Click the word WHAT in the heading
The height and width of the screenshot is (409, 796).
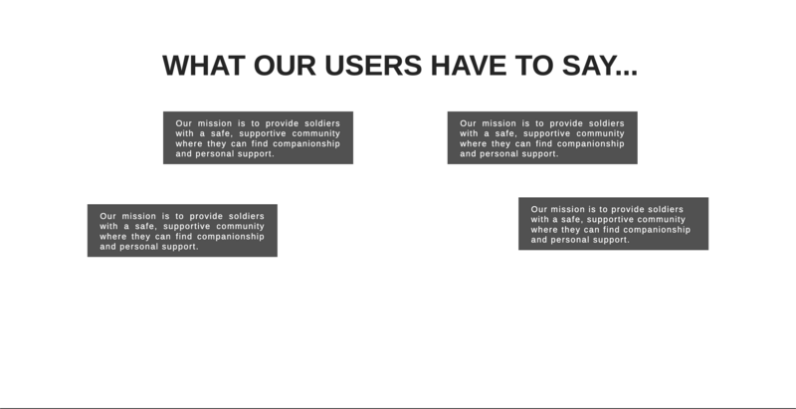tap(204, 66)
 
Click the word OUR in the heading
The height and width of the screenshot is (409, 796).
tap(285, 66)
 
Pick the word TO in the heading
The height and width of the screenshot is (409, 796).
tap(534, 66)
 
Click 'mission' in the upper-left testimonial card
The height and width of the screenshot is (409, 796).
tap(215, 123)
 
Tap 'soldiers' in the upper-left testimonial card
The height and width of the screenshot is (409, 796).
tap(322, 123)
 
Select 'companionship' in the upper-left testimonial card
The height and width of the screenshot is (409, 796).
tap(306, 144)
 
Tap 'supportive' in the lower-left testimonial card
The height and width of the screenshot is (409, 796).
tap(187, 226)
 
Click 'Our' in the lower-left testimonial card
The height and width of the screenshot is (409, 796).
tap(107, 216)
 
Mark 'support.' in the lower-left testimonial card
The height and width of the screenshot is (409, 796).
tap(180, 247)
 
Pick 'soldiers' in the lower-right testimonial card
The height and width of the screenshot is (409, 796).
tap(666, 209)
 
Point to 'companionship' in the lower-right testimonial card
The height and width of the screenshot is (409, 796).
tap(657, 230)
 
